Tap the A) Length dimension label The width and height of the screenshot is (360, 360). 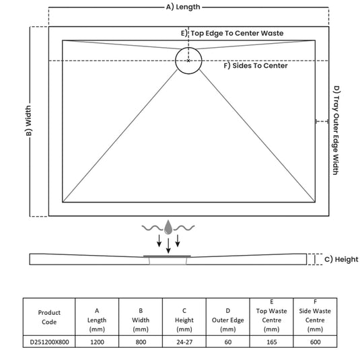click(x=183, y=7)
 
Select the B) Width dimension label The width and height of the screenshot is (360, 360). click(x=28, y=120)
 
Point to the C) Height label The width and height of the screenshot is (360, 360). click(x=341, y=259)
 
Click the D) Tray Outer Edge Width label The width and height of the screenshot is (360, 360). click(x=336, y=130)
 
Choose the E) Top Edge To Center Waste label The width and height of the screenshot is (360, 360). click(x=232, y=33)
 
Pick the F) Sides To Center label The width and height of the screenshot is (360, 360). click(x=256, y=66)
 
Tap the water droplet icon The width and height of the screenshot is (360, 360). click(x=168, y=227)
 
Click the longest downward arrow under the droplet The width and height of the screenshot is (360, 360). click(x=168, y=246)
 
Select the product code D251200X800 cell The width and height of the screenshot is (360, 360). click(x=49, y=342)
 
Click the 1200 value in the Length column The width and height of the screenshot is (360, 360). click(x=97, y=342)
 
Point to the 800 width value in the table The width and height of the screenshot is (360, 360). click(x=141, y=342)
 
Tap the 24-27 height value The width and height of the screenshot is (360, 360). click(x=184, y=342)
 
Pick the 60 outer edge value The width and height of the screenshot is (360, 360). click(x=228, y=342)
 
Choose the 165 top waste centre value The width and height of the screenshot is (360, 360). click(x=272, y=342)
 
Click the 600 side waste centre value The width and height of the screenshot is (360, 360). click(x=315, y=342)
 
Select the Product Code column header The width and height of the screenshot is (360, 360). click(x=49, y=317)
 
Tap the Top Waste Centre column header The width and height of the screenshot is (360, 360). click(x=272, y=316)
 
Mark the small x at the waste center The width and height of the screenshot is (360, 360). click(x=188, y=61)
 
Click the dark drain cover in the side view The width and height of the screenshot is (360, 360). click(x=167, y=256)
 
